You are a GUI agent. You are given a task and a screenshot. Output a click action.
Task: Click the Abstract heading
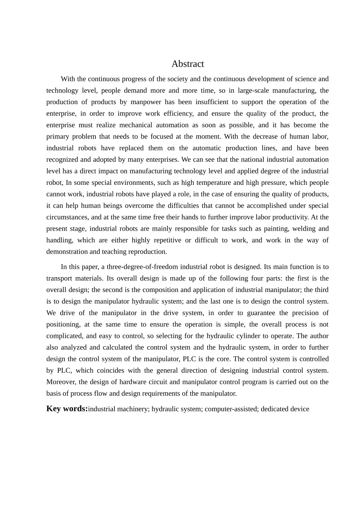coord(188,64)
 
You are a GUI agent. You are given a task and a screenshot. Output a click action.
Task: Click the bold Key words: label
coord(67,409)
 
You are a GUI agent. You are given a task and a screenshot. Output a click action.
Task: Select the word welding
coord(304,228)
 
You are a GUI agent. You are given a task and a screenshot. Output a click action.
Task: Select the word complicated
coord(64,336)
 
